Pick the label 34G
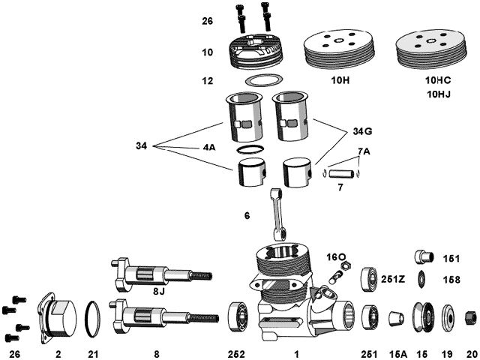click(361, 131)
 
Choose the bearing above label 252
click(240, 316)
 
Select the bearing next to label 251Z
click(370, 278)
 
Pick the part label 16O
click(335, 256)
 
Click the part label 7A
click(363, 151)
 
